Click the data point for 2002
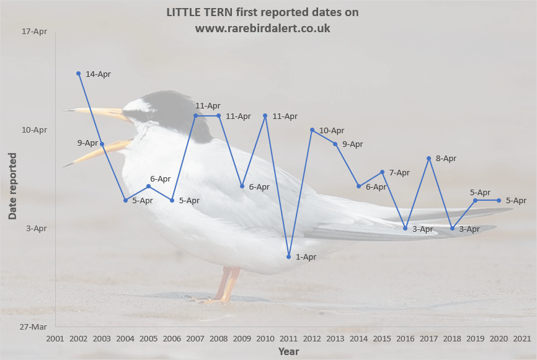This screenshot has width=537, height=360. tap(78, 74)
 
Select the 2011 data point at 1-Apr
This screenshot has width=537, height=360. tap(288, 257)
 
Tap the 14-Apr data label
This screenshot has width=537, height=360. tap(98, 74)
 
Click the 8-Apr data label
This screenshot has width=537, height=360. tap(446, 159)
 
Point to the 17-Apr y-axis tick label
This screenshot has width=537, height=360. tap(35, 32)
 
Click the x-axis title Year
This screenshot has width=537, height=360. tap(288, 351)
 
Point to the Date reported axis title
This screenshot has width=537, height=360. tap(12, 186)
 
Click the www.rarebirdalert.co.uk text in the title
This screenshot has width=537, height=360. tap(262, 29)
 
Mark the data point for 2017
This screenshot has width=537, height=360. tap(428, 159)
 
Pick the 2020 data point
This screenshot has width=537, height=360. tap(499, 200)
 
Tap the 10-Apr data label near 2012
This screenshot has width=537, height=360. tap(332, 131)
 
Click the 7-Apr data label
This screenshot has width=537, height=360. tap(399, 173)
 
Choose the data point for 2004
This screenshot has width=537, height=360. tap(125, 200)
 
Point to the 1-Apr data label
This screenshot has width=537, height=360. tap(306, 257)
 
